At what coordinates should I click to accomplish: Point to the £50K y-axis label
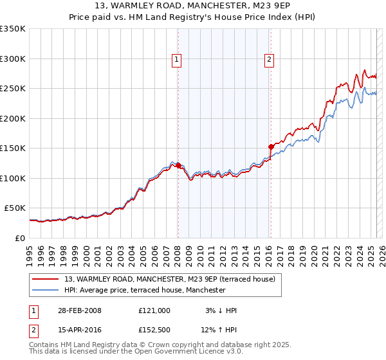coord(14,208)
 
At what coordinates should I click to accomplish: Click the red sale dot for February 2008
coord(178,166)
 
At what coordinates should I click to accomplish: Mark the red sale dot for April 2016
coord(271,147)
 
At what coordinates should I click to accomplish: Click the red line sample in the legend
coord(46,279)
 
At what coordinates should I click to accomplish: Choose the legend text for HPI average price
coord(145,290)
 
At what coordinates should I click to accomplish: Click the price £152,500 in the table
coord(154,330)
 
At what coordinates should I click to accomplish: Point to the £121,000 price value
coord(154,310)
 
